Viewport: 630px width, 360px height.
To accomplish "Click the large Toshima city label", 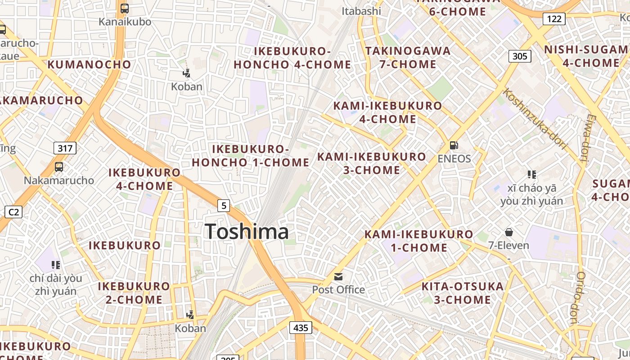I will click(x=247, y=232).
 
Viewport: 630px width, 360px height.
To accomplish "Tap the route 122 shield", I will click(x=554, y=18).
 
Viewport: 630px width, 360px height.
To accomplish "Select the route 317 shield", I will click(x=65, y=148).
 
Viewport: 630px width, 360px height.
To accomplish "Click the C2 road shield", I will click(x=13, y=211).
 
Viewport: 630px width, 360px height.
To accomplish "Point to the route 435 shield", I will click(x=300, y=328).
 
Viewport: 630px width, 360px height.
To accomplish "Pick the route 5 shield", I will click(x=224, y=206).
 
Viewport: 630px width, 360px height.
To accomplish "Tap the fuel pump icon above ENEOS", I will click(x=454, y=145).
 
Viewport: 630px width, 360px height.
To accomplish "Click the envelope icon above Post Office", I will click(x=338, y=276).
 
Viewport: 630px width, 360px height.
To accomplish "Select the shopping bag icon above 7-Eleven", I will click(x=508, y=232).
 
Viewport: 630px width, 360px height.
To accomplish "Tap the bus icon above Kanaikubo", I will click(x=125, y=8).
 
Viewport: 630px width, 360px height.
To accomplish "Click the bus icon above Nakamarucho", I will click(x=58, y=167).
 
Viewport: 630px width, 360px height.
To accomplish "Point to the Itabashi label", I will click(x=361, y=11).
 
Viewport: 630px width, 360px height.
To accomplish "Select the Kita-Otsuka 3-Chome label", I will click(x=463, y=293).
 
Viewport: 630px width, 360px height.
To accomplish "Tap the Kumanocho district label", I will click(x=89, y=64).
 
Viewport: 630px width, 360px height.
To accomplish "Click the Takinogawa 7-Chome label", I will click(x=408, y=57).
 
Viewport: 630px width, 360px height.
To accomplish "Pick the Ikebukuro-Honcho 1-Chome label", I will click(x=251, y=156).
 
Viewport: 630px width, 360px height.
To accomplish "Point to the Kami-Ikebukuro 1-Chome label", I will click(x=418, y=241).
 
